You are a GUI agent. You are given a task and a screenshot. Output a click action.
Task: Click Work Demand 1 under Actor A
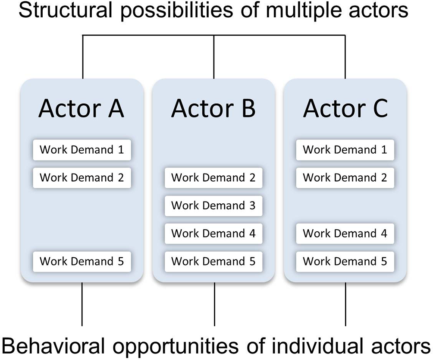click(x=82, y=150)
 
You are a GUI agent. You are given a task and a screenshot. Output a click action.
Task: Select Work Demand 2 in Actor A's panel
click(x=82, y=178)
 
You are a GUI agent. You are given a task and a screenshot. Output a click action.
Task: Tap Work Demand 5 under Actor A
click(x=82, y=261)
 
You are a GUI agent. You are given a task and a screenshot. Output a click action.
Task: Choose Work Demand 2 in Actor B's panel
click(x=213, y=178)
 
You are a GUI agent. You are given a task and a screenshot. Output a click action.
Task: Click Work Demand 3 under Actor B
click(x=213, y=206)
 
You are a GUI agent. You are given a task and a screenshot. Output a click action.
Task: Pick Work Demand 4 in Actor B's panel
click(x=213, y=234)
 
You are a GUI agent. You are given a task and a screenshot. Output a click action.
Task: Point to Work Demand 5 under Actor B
click(x=213, y=261)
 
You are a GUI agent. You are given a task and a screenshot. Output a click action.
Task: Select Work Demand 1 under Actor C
click(x=345, y=150)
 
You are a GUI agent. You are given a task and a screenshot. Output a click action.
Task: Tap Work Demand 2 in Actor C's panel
click(x=345, y=178)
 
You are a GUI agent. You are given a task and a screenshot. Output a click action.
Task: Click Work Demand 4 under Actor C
click(x=345, y=234)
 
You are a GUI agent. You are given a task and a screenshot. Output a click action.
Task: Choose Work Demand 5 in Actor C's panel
click(x=345, y=261)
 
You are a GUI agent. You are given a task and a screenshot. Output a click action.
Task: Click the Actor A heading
click(x=81, y=108)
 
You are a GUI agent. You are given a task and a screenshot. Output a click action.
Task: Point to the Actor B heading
click(x=213, y=108)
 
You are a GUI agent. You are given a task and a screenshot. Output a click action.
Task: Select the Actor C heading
click(x=345, y=108)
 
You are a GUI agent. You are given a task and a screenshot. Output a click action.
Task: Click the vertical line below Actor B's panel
click(x=214, y=304)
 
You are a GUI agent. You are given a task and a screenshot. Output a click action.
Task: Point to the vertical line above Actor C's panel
click(x=345, y=57)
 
